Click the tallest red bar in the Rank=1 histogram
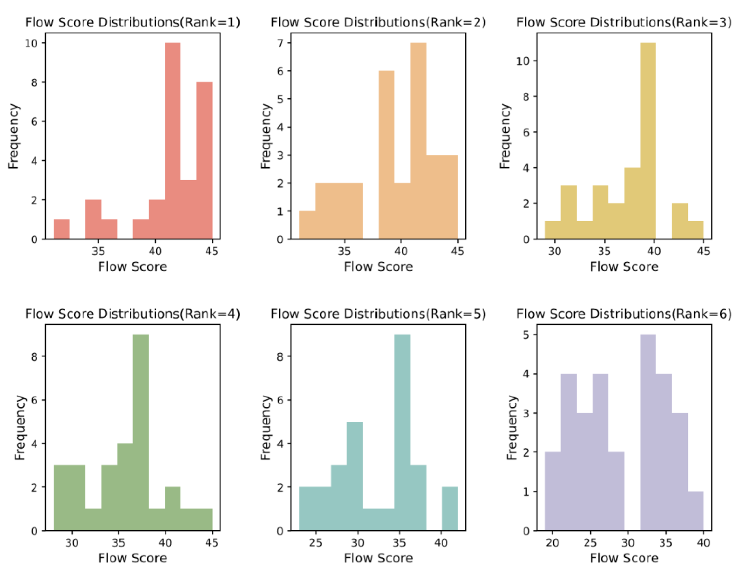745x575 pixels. [x=172, y=140]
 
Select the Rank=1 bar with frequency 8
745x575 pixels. [x=204, y=160]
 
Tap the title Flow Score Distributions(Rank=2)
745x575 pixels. [x=378, y=22]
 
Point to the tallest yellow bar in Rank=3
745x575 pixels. [x=648, y=140]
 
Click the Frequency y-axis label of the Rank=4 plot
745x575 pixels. [x=20, y=427]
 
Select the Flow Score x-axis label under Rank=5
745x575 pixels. [x=378, y=558]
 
